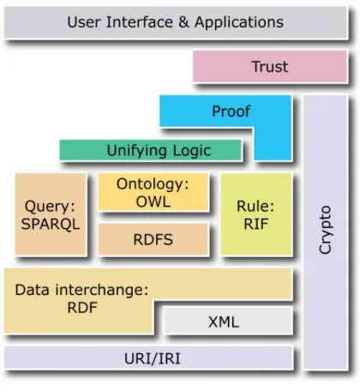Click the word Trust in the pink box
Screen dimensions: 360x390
270,67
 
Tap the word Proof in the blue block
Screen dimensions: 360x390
231,111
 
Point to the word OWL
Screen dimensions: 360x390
153,201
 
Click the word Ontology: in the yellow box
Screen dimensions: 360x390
153,184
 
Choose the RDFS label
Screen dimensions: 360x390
153,240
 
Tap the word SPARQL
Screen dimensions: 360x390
51,224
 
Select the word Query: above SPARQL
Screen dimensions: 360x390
50,207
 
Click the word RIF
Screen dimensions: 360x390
256,224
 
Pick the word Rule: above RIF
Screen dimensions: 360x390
255,207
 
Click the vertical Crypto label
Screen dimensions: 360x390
325,230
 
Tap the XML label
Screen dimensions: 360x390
224,322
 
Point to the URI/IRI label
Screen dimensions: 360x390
153,358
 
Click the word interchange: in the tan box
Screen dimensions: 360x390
102,290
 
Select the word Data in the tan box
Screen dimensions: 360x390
32,290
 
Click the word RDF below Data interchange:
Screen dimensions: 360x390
82,308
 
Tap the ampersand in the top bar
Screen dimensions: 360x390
183,22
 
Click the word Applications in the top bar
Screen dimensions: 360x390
239,22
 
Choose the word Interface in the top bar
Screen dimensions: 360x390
140,22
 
